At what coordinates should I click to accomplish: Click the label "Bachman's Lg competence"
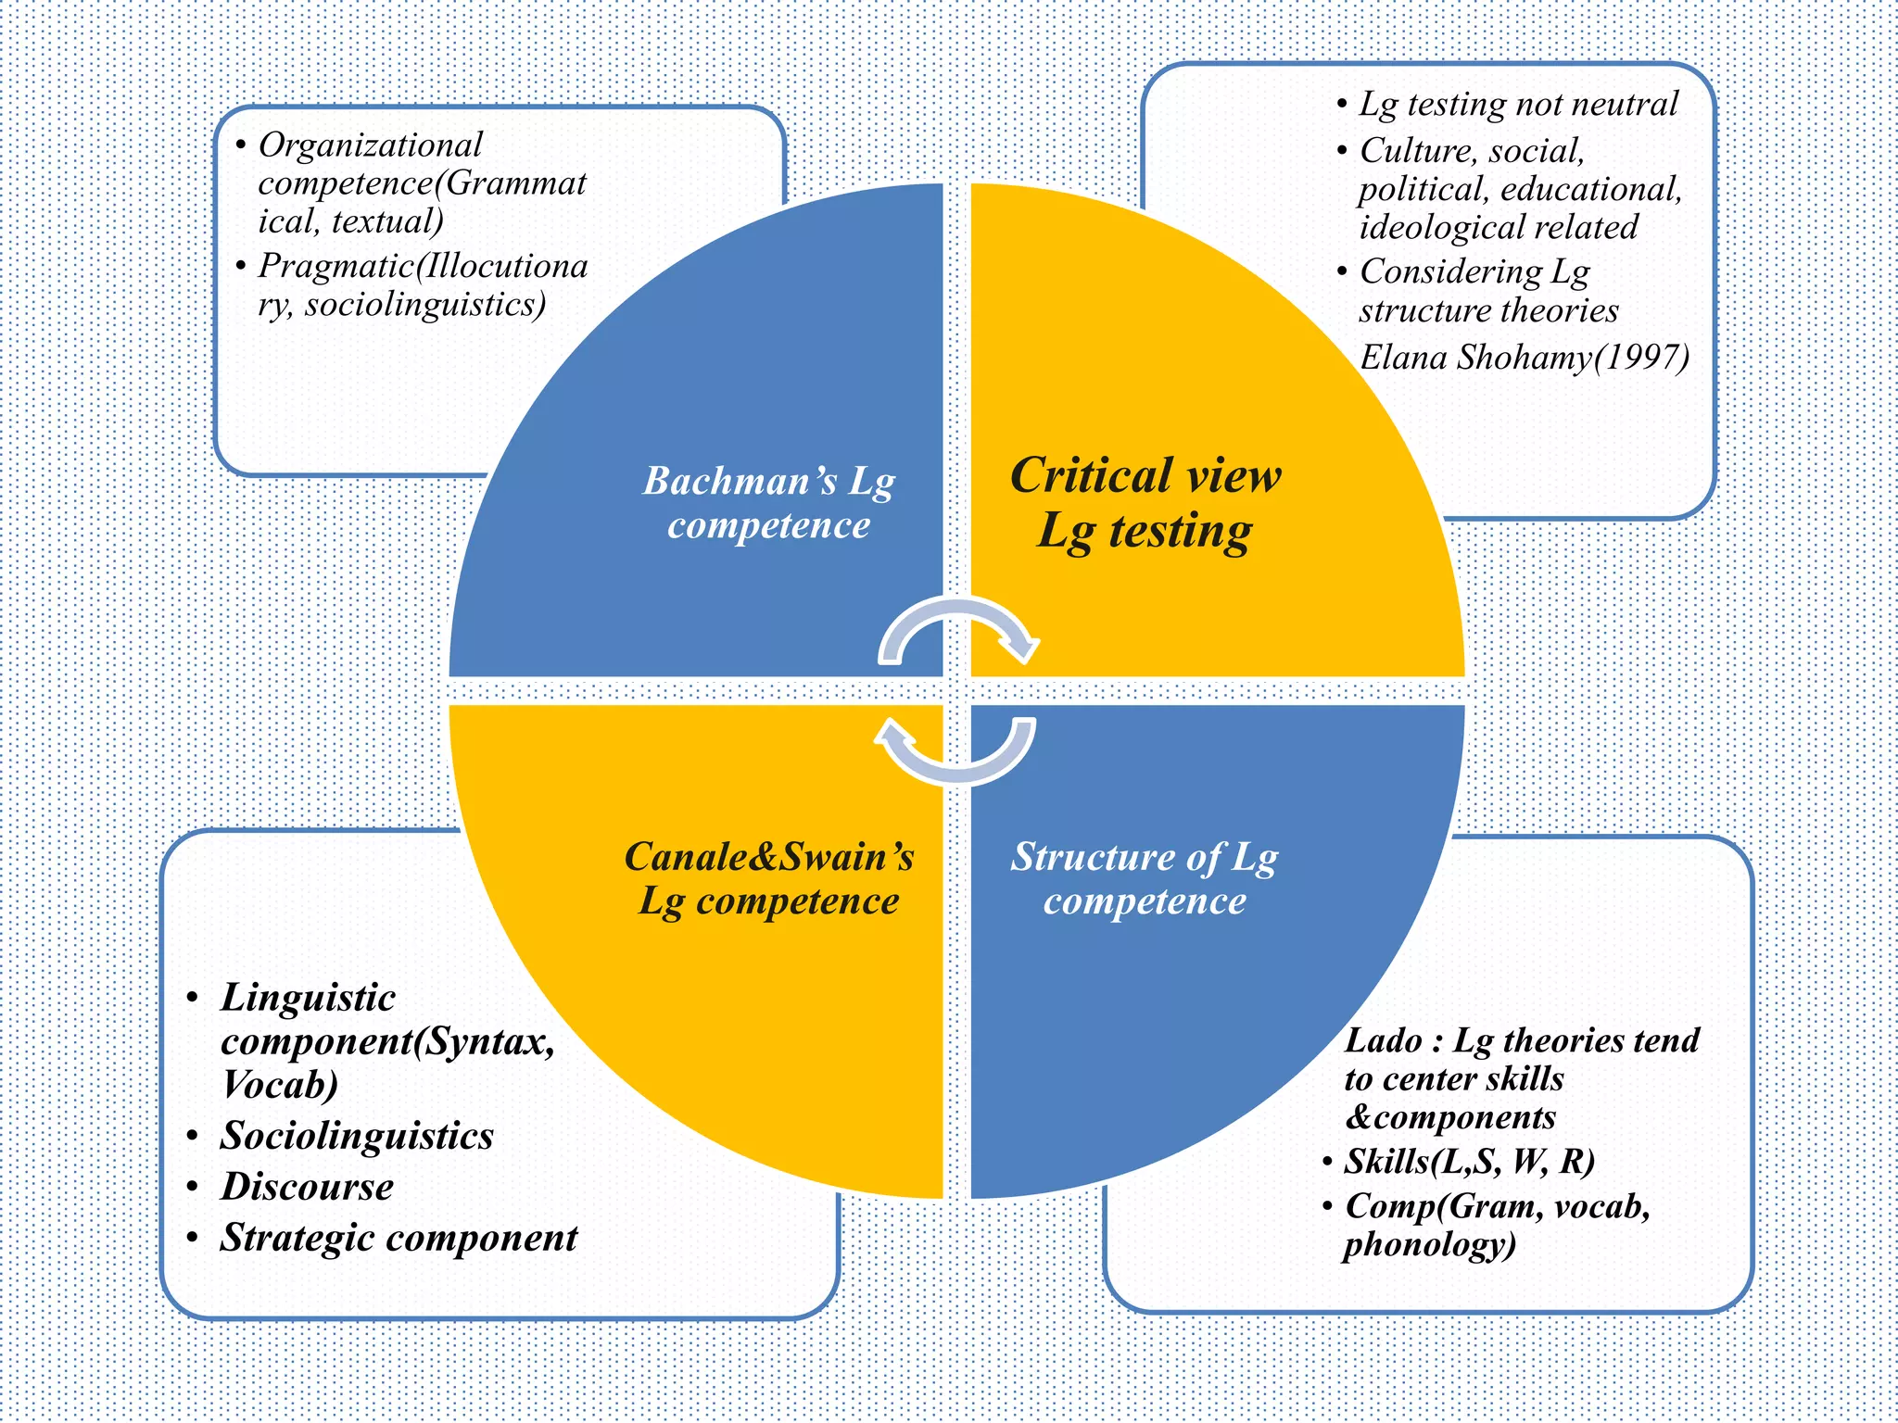click(768, 502)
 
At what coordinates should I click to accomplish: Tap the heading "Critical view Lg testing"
click(1145, 503)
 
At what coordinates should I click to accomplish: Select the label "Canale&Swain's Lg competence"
click(768, 878)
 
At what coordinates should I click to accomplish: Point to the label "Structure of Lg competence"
click(1145, 878)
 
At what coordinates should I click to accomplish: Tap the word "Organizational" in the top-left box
click(370, 145)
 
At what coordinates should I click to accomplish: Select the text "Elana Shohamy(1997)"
click(1524, 358)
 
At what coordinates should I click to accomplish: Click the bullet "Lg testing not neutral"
click(1518, 104)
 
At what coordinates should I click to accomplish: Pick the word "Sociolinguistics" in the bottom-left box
click(357, 1136)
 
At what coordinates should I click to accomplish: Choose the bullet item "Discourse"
click(307, 1187)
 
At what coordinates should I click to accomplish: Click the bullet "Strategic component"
click(399, 1238)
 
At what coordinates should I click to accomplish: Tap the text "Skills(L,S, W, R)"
click(1469, 1161)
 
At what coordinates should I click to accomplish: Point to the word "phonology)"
click(1429, 1244)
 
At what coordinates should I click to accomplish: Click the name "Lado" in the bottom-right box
click(1383, 1040)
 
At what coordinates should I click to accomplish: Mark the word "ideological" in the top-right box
click(1423, 228)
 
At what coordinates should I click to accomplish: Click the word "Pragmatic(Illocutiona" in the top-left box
click(423, 267)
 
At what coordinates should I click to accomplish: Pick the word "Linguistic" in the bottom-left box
click(308, 998)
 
